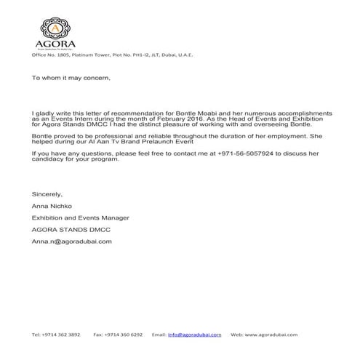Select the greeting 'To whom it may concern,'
71,78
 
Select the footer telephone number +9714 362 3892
56,335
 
